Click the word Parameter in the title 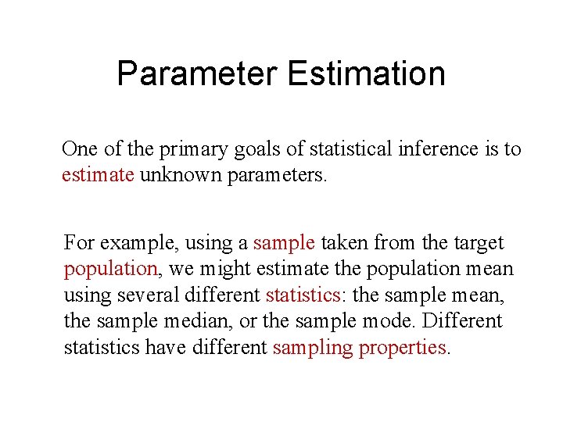click(x=196, y=74)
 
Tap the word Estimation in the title click(x=367, y=74)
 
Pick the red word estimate click(x=98, y=173)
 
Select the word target click(x=479, y=242)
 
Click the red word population click(x=110, y=269)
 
